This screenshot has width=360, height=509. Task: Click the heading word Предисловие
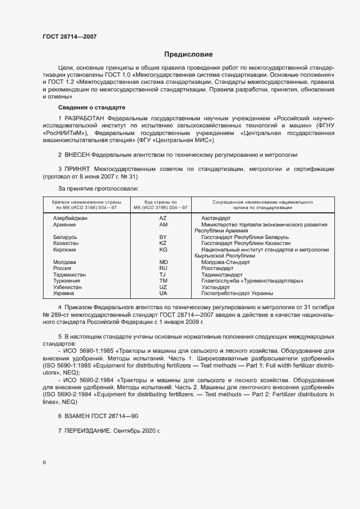[x=188, y=54]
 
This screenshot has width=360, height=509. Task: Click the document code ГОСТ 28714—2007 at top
[x=70, y=37]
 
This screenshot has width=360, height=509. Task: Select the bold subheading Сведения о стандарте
[x=91, y=107]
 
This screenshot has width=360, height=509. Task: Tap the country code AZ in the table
[x=163, y=218]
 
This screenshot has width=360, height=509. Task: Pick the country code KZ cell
[x=163, y=243]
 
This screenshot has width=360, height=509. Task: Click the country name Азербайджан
[x=70, y=218]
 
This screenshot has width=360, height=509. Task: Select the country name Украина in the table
[x=64, y=293]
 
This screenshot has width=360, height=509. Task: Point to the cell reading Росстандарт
[x=217, y=268]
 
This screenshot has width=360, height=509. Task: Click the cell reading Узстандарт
[x=216, y=287]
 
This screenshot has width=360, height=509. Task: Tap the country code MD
[x=163, y=262]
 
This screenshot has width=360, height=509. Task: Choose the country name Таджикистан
[x=70, y=274]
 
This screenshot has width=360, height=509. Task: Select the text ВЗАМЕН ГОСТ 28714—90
[x=98, y=416]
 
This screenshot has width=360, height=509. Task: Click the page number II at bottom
[x=44, y=463]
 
